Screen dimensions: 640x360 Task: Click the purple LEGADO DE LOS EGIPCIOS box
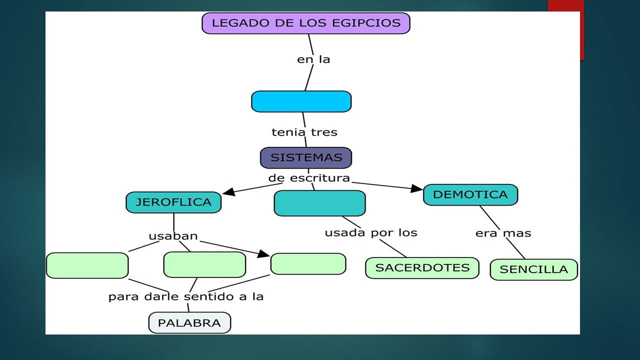pyautogui.click(x=306, y=23)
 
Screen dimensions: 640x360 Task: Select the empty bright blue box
pyautogui.click(x=301, y=101)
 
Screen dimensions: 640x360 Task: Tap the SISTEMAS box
pyautogui.click(x=306, y=157)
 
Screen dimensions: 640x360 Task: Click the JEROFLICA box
pyautogui.click(x=173, y=202)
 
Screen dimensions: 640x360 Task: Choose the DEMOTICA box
pyautogui.click(x=470, y=195)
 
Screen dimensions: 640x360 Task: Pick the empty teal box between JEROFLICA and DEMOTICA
pyautogui.click(x=319, y=203)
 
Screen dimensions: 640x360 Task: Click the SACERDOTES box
pyautogui.click(x=422, y=268)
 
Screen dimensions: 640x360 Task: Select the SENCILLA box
pyautogui.click(x=533, y=269)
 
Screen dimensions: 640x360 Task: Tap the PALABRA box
pyautogui.click(x=189, y=323)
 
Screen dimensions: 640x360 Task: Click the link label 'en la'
pyautogui.click(x=313, y=59)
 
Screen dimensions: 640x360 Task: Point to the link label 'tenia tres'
pyautogui.click(x=304, y=132)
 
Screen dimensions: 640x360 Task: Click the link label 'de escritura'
pyautogui.click(x=309, y=178)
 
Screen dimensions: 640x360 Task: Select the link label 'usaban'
pyautogui.click(x=173, y=236)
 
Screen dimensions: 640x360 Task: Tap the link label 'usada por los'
pyautogui.click(x=371, y=233)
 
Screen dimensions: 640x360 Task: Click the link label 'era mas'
pyautogui.click(x=503, y=233)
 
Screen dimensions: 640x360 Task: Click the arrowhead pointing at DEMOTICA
pyautogui.click(x=417, y=188)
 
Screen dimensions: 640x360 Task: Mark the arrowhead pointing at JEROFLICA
pyautogui.click(x=229, y=191)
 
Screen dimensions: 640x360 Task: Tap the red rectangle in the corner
pyautogui.click(x=566, y=30)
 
